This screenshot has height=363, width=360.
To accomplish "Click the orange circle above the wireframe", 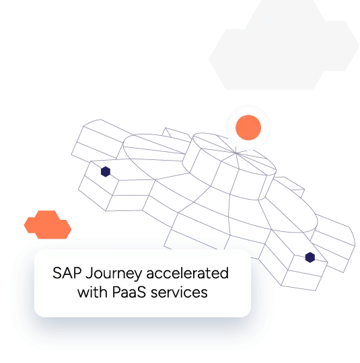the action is [x=248, y=128].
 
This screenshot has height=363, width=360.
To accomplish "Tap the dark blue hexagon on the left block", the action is [x=106, y=171].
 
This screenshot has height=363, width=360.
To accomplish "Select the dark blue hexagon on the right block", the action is [x=310, y=257].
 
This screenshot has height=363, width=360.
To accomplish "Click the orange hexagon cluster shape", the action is [x=48, y=225].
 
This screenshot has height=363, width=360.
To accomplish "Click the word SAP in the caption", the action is [x=67, y=273].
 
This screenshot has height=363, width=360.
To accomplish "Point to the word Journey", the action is [x=114, y=274].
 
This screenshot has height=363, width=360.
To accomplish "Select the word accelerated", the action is [x=188, y=273].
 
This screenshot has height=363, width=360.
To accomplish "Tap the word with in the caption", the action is [x=92, y=292].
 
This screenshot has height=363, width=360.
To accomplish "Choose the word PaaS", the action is [x=129, y=292].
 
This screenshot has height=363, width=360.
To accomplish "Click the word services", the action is [x=179, y=292].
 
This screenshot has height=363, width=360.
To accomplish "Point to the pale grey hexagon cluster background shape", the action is [x=284, y=45].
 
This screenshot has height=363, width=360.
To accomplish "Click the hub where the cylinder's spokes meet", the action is [x=236, y=153].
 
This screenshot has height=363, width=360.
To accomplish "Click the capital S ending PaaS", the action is [x=141, y=292].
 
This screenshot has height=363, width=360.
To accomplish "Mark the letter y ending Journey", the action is [x=138, y=276].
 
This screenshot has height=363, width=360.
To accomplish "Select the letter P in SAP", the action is [x=77, y=273].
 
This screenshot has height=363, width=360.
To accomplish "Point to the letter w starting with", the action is [x=83, y=294].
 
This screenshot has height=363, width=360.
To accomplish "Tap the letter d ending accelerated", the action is [x=224, y=273].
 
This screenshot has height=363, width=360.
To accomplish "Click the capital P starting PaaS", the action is [x=116, y=292].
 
